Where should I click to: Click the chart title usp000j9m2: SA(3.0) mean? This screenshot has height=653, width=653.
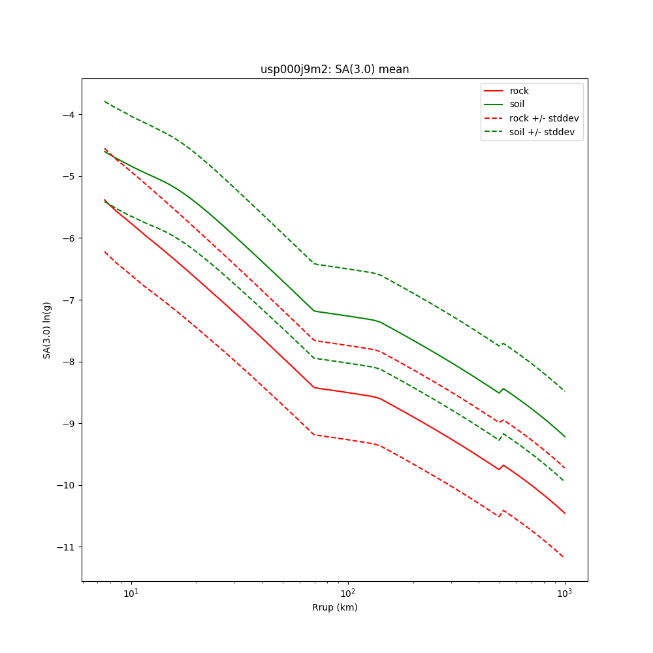pyautogui.click(x=334, y=69)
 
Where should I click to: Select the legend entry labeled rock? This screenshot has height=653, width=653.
pyautogui.click(x=519, y=91)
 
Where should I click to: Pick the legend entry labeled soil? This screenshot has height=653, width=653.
pyautogui.click(x=517, y=104)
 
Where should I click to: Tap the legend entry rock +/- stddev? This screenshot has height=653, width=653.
pyautogui.click(x=544, y=118)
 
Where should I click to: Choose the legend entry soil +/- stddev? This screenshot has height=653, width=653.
pyautogui.click(x=543, y=132)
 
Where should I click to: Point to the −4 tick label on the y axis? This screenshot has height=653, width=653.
pyautogui.click(x=68, y=115)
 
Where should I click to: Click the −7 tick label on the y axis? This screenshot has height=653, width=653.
pyautogui.click(x=68, y=300)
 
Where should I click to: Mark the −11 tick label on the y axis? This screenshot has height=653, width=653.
pyautogui.click(x=65, y=547)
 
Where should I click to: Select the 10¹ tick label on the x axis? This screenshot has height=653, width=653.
pyautogui.click(x=131, y=594)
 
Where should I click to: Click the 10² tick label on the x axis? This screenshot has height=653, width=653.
pyautogui.click(x=348, y=594)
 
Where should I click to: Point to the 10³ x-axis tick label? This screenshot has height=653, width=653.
pyautogui.click(x=564, y=594)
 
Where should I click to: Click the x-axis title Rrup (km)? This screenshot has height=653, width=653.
pyautogui.click(x=334, y=607)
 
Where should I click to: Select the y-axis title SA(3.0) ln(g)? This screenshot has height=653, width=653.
pyautogui.click(x=47, y=330)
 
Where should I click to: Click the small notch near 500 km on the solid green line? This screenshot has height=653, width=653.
pyautogui.click(x=500, y=392)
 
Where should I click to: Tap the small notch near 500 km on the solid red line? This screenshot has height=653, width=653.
pyautogui.click(x=500, y=469)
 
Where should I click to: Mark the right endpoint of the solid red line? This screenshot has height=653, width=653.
pyautogui.click(x=565, y=513)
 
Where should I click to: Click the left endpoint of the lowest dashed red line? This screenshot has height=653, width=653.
pyautogui.click(x=104, y=251)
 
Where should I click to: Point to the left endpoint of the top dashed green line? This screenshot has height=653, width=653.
pyautogui.click(x=104, y=101)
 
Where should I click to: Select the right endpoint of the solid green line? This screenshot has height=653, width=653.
pyautogui.click(x=565, y=437)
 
